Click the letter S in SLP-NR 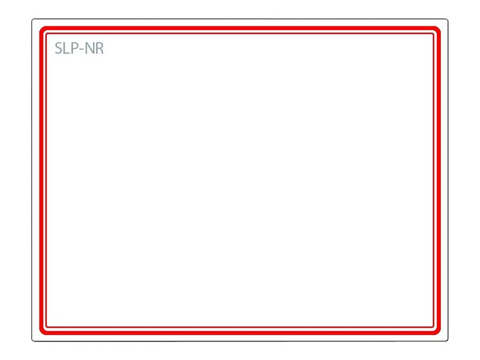pos(58,48)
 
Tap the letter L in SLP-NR pos(67,48)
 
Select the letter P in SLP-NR pos(74,48)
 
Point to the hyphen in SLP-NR pos(81,50)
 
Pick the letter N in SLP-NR pos(89,48)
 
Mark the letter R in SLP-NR pos(100,48)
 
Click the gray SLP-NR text pos(79,48)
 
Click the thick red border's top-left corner pos(41,28)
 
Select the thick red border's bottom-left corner pos(41,332)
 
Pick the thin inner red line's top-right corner pos(433,34)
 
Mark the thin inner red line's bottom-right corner pos(433,327)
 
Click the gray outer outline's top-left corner pos(32,19)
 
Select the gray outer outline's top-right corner pos(448,19)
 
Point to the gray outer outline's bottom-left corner pos(32,341)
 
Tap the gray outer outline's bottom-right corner pos(448,341)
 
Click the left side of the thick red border pos(41,181)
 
